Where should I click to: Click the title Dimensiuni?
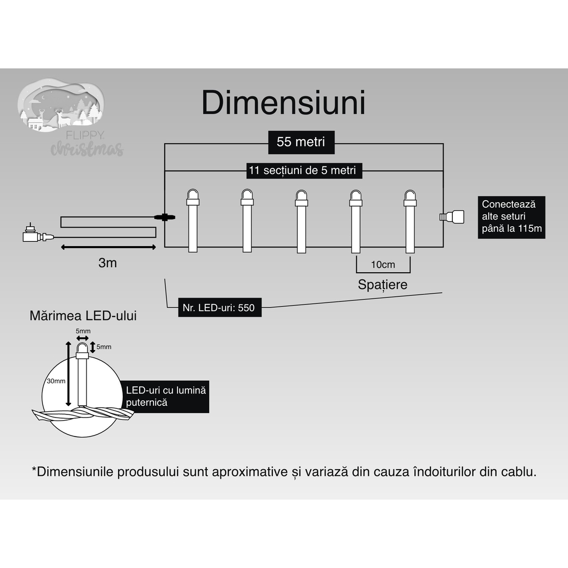coord(283,103)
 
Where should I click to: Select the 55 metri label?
coord(301,142)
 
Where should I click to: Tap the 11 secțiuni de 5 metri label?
coord(302,170)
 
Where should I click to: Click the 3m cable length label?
coord(107,263)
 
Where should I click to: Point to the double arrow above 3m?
coord(108,248)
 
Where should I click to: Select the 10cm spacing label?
coord(383,265)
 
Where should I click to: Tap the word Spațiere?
coord(382,285)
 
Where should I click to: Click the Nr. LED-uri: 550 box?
coord(219,308)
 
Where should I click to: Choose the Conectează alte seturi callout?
coord(511,216)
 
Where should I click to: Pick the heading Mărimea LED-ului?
coord(83,316)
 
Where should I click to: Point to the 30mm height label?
coord(56,381)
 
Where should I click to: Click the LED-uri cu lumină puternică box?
coord(166,397)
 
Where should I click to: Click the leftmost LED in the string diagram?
coord(192,220)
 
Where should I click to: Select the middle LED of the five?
coord(301,220)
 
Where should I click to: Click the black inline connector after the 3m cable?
coord(165,217)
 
